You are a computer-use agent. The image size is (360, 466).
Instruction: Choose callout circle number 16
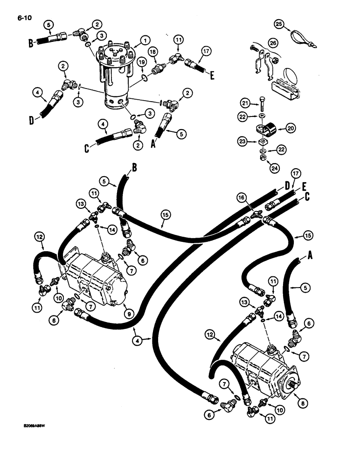click(x=240, y=199)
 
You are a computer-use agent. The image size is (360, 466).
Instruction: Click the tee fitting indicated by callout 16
click(x=255, y=215)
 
